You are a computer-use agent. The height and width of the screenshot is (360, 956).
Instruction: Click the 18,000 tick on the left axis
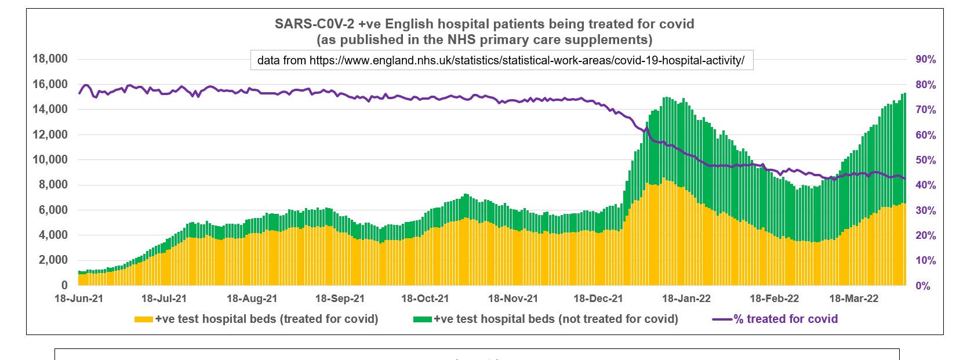(50, 59)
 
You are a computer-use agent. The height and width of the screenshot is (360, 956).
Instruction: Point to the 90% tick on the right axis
(925, 59)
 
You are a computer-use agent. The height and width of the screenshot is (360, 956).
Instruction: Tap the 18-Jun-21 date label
(78, 299)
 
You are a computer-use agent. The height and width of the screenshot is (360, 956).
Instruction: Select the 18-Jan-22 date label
(686, 299)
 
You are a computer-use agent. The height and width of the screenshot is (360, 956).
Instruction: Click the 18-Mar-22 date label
(853, 299)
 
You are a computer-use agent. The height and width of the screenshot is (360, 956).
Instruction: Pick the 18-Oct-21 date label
(425, 299)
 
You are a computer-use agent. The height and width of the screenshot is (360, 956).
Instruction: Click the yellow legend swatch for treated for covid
(144, 319)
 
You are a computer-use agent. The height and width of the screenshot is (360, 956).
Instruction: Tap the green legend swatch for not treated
(423, 319)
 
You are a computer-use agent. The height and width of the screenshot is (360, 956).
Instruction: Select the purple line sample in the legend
(722, 319)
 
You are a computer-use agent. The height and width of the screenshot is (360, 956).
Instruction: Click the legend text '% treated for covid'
(786, 319)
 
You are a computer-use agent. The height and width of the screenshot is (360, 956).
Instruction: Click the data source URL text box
(501, 60)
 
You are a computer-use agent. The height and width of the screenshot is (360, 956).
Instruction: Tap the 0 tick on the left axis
(64, 285)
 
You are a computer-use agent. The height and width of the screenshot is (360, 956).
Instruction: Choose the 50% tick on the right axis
(925, 160)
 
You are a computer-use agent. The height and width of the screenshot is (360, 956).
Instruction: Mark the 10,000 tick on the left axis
(50, 159)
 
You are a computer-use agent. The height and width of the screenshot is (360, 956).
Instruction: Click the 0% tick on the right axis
(922, 286)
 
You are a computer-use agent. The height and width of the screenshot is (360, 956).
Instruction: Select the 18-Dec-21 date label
(598, 299)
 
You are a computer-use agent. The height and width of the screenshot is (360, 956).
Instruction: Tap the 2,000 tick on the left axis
(53, 260)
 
